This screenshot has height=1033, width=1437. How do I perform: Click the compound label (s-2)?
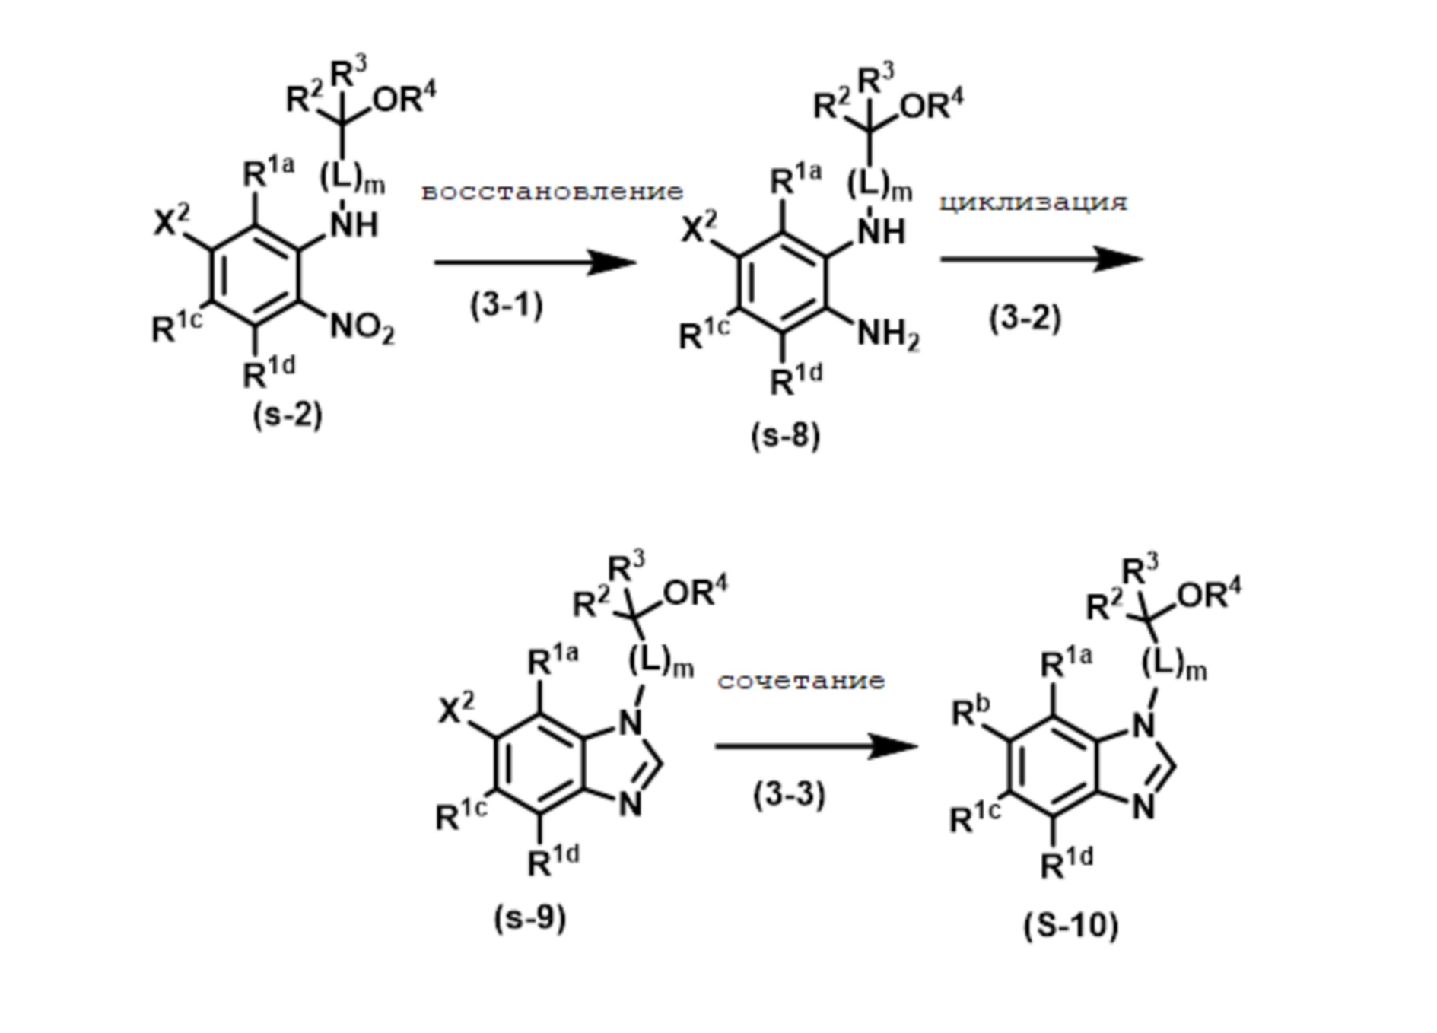[288, 415]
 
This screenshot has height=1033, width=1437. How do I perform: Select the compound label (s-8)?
[785, 436]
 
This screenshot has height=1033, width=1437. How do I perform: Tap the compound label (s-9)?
[530, 918]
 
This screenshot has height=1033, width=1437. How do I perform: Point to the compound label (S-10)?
[1070, 926]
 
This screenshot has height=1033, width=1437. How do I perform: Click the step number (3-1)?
[507, 306]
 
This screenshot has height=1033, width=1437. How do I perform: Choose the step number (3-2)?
[1025, 317]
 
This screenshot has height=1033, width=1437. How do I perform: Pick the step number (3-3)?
[789, 795]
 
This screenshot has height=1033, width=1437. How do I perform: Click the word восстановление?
[552, 192]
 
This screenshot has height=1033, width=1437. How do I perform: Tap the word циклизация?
[1033, 202]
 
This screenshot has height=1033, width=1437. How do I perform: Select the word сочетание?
[801, 680]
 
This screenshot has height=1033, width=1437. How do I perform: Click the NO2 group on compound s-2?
[362, 329]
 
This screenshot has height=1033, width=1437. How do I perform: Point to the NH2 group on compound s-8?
[888, 335]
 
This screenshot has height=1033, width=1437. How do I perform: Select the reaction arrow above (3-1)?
[534, 263]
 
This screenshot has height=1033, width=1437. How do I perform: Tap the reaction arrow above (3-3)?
[815, 746]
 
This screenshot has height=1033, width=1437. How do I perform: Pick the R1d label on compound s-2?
[269, 372]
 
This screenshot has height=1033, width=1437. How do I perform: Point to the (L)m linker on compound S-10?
[1174, 665]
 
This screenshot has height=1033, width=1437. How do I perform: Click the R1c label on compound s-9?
[461, 815]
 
